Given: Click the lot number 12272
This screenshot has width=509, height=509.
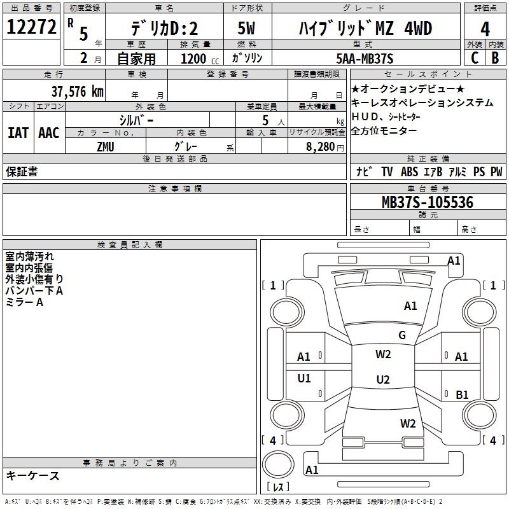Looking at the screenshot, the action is [x=31, y=27].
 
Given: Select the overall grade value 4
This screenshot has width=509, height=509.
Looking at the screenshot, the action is [x=485, y=29].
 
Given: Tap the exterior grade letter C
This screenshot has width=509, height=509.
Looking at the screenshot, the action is [x=475, y=58].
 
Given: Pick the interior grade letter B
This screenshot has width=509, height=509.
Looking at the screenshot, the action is [x=495, y=58].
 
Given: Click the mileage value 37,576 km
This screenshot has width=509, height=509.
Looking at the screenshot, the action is [x=77, y=92].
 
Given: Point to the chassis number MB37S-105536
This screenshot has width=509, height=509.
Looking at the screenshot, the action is [x=428, y=202].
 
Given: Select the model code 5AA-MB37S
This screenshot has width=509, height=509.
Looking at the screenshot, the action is [x=365, y=59].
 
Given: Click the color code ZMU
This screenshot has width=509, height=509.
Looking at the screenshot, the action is [x=106, y=147].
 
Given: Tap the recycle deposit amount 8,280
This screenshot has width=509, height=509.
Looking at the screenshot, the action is [x=320, y=147].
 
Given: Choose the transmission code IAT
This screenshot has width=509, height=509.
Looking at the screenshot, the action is [x=18, y=133].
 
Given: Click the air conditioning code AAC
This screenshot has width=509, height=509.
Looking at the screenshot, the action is [x=49, y=133].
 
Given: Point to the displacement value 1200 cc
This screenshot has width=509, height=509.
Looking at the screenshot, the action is [x=200, y=59].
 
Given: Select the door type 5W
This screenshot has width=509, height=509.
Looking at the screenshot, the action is [x=246, y=28].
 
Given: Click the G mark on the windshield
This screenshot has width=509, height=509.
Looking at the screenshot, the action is [x=402, y=335].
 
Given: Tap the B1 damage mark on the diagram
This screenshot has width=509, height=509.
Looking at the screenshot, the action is [x=462, y=394].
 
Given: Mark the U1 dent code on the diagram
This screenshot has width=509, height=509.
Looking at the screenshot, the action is [x=304, y=378].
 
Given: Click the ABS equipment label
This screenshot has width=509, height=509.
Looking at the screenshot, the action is [x=409, y=172].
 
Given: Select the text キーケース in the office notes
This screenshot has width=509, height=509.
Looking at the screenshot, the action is [x=33, y=475].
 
